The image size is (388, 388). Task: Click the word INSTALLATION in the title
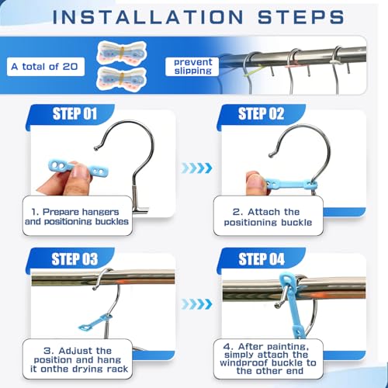pyautogui.click(x=147, y=17)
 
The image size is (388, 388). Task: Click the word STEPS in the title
pyautogui.click(x=301, y=17)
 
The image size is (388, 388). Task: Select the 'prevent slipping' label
pyautogui.click(x=192, y=66)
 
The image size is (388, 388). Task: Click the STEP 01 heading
pyautogui.click(x=74, y=114)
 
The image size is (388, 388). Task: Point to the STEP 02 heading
pyautogui.click(x=262, y=114)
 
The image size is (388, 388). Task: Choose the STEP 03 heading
pyautogui.click(x=74, y=259)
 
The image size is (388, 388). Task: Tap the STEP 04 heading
pyautogui.click(x=262, y=259)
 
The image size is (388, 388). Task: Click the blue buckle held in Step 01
pyautogui.click(x=78, y=168)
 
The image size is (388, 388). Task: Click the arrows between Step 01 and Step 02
pyautogui.click(x=196, y=168)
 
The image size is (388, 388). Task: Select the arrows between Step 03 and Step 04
pyautogui.click(x=196, y=304)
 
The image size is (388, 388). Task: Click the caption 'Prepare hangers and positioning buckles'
pyautogui.click(x=77, y=217)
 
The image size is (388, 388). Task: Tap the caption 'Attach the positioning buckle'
pyautogui.click(x=268, y=217)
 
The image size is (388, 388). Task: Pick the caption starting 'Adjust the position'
pyautogui.click(x=78, y=360)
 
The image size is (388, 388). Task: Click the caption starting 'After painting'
pyautogui.click(x=268, y=359)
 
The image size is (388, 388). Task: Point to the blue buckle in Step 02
pyautogui.click(x=291, y=185)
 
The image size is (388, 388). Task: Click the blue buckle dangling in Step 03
pyautogui.click(x=95, y=322)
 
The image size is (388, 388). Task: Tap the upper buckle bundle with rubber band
pyautogui.click(x=122, y=54)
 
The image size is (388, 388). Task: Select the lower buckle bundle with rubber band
pyautogui.click(x=122, y=78)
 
